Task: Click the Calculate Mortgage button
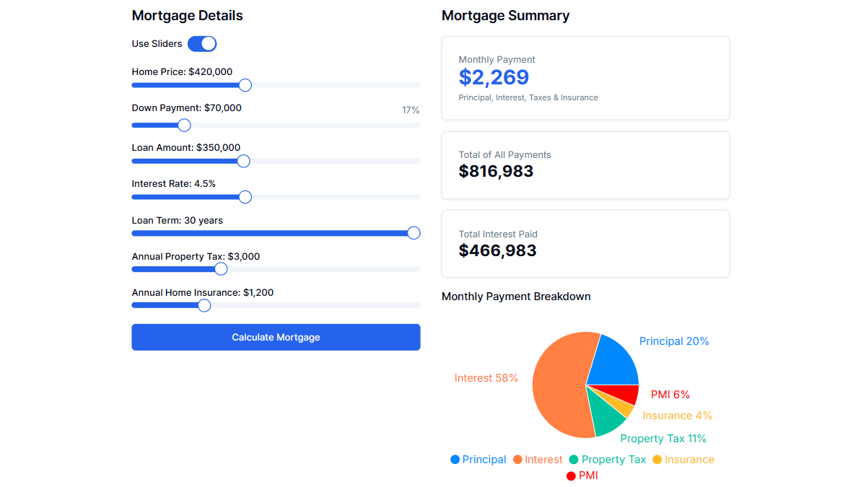click(x=276, y=337)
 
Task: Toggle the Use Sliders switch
click(x=202, y=44)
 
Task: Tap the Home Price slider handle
click(x=245, y=85)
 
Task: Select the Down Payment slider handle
click(x=184, y=125)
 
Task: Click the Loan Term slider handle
click(x=414, y=232)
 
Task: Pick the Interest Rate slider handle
click(x=245, y=196)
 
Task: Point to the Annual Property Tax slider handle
click(x=221, y=268)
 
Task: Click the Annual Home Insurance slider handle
click(x=204, y=305)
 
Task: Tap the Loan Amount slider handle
click(x=243, y=161)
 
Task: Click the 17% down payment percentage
click(x=411, y=110)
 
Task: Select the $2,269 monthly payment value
click(x=494, y=77)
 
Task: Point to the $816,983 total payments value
click(x=496, y=171)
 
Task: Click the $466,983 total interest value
click(x=497, y=250)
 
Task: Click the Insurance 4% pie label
click(x=677, y=416)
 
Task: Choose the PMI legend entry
click(x=582, y=475)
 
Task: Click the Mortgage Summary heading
click(x=505, y=15)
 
